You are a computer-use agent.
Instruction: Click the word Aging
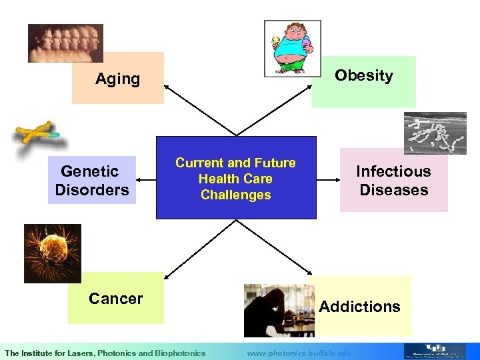click(x=117, y=79)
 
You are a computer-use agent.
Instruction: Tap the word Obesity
click(x=363, y=75)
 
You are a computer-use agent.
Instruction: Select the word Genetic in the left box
click(x=89, y=171)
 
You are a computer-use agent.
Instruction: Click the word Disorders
click(x=92, y=190)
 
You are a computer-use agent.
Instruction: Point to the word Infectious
click(x=393, y=171)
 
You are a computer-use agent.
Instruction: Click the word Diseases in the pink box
click(x=393, y=190)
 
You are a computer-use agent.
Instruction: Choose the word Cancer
click(x=115, y=299)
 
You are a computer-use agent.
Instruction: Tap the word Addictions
click(x=359, y=307)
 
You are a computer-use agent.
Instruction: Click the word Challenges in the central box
click(x=235, y=195)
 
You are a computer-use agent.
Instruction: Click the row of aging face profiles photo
click(x=65, y=43)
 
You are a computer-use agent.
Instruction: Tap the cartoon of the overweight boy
click(x=292, y=48)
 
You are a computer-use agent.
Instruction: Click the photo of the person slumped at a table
click(x=278, y=311)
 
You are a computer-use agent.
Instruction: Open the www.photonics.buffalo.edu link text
click(x=299, y=353)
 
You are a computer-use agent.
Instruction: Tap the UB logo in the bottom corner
click(x=435, y=351)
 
